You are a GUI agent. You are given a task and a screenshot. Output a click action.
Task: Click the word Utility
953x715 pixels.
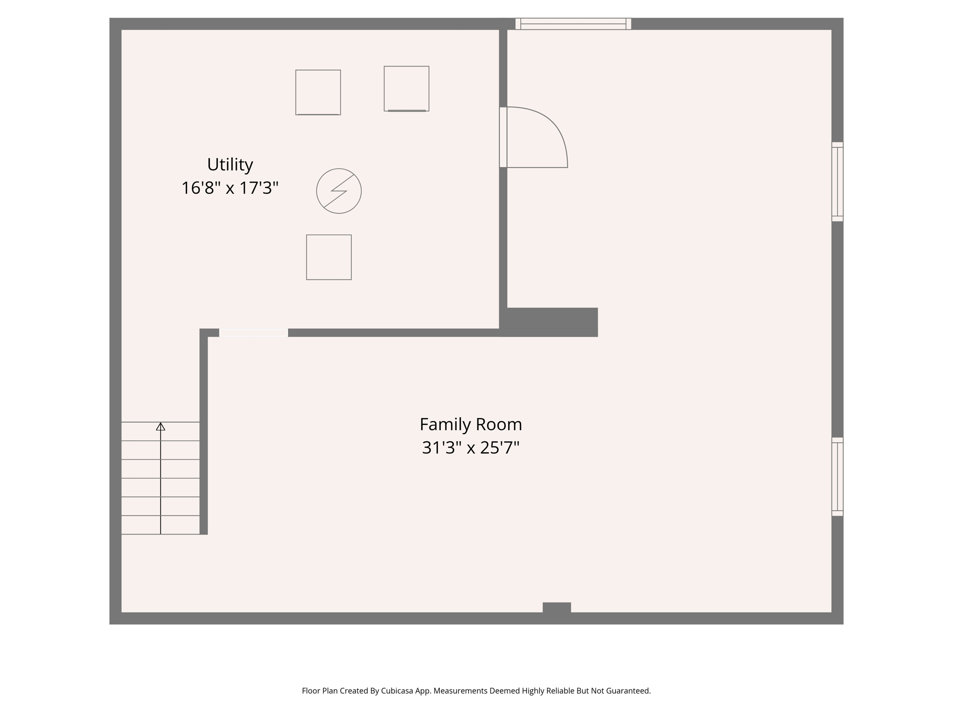coord(230,165)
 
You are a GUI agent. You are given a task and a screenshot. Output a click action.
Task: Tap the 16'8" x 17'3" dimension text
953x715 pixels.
coord(230,188)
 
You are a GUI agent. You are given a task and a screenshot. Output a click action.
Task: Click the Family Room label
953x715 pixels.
coord(470,425)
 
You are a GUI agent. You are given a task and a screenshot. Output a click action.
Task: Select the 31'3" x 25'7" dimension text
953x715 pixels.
coord(470,448)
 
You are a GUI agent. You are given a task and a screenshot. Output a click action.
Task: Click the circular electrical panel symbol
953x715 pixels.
coord(339,191)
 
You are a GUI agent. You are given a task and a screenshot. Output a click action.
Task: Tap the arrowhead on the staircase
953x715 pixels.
coord(161,426)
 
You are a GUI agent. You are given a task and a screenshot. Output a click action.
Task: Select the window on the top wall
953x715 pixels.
coord(573,24)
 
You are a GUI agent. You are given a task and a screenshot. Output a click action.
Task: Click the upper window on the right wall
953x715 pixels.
coord(837,182)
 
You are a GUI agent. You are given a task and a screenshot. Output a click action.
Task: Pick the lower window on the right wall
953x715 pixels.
coord(837,477)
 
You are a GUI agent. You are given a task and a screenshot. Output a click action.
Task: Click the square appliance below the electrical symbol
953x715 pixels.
coord(329,257)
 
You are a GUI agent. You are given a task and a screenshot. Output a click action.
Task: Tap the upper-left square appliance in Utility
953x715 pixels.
coord(318,92)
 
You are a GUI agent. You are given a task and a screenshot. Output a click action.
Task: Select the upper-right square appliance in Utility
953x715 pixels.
coord(406,88)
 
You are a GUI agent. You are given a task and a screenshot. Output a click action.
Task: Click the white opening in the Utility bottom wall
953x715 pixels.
coord(254,332)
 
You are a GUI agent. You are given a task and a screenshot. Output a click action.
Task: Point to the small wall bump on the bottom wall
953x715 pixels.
coord(557,607)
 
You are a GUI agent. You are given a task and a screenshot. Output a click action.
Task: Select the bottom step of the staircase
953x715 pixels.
coord(161,525)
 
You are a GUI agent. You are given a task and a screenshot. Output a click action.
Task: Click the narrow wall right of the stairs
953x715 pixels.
coord(203,433)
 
